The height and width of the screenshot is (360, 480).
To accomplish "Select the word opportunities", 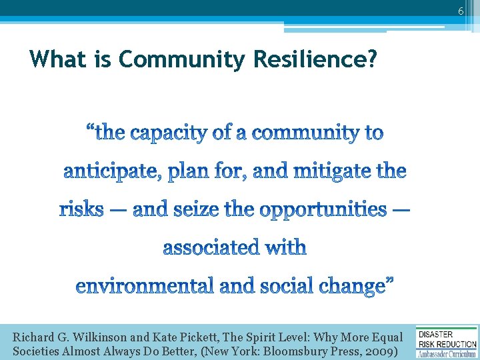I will coord(323,211).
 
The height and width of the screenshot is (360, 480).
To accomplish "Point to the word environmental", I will coord(144,287).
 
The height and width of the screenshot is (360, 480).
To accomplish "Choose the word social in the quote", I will coord(283,287).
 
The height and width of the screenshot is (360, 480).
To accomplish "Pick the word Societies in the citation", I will coord(37,351).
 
